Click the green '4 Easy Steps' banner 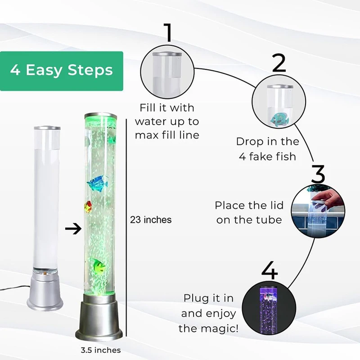(61, 71)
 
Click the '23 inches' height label (151, 220)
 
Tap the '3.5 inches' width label (98, 350)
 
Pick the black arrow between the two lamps (72, 229)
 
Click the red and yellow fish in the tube (88, 207)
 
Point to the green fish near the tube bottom (98, 266)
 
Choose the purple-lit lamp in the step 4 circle (269, 306)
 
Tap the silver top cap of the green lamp (100, 116)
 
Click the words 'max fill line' (167, 135)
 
